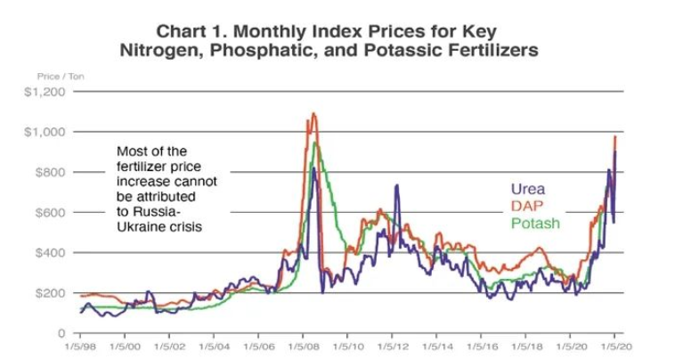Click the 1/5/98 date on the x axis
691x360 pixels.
coord(80,345)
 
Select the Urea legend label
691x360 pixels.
coord(527,189)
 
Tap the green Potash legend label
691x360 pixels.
coord(535,223)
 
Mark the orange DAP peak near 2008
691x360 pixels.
coord(313,114)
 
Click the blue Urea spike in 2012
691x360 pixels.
coord(394,186)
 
